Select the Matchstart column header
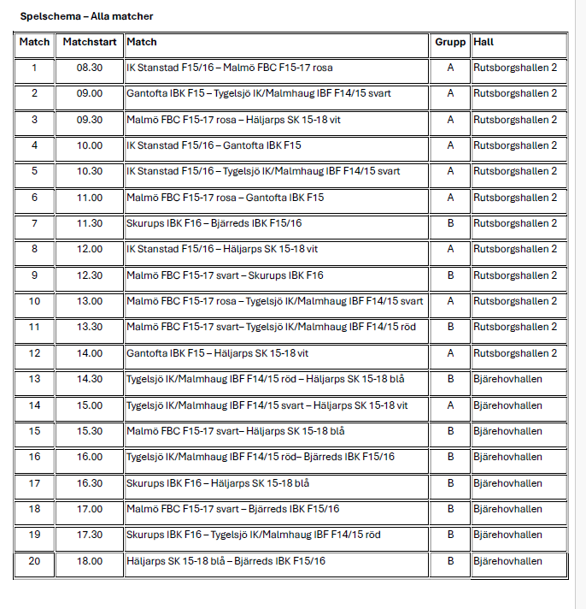pyautogui.click(x=89, y=42)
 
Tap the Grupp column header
pyautogui.click(x=450, y=42)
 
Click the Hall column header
pyautogui.click(x=483, y=42)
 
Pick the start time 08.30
pyautogui.click(x=89, y=68)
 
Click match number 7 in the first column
pyautogui.click(x=34, y=223)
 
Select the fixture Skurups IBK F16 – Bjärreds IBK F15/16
pyautogui.click(x=214, y=223)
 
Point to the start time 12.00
pyautogui.click(x=89, y=249)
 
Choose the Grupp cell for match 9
pyautogui.click(x=450, y=275)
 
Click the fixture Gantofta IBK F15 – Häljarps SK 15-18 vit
pyautogui.click(x=218, y=353)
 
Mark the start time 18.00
pyautogui.click(x=89, y=561)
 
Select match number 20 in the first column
pyautogui.click(x=34, y=561)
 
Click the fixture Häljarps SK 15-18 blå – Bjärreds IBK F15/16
pyautogui.click(x=226, y=561)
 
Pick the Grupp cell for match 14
pyautogui.click(x=450, y=405)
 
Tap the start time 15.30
pyautogui.click(x=89, y=431)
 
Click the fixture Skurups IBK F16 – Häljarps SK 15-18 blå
pyautogui.click(x=218, y=483)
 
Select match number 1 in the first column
pyautogui.click(x=34, y=68)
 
